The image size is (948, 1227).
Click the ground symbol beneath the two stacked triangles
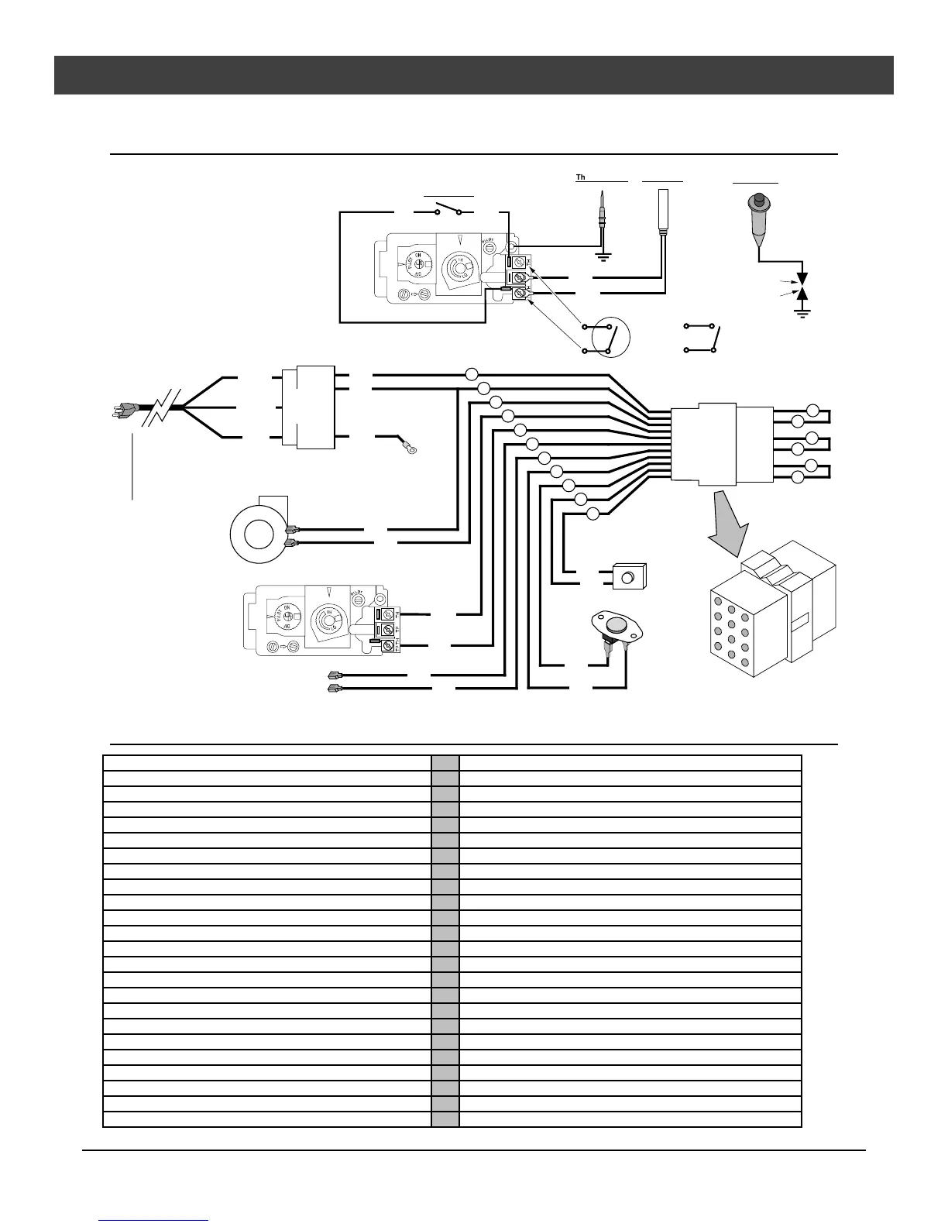pyautogui.click(x=802, y=313)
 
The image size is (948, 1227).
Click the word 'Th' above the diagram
pyautogui.click(x=580, y=178)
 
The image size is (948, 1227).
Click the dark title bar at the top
pyautogui.click(x=474, y=75)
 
